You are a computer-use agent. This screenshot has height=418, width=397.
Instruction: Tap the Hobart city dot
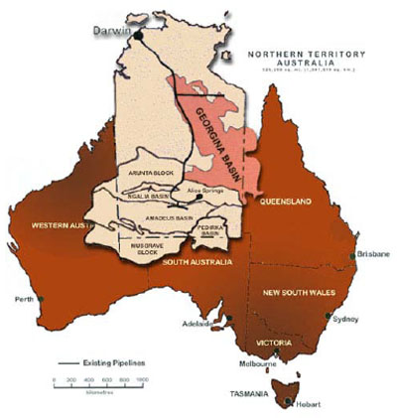click(288, 402)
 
